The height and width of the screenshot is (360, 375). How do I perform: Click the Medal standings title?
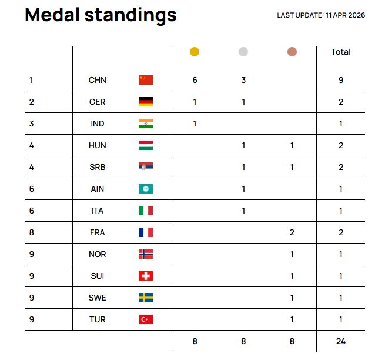pyautogui.click(x=101, y=15)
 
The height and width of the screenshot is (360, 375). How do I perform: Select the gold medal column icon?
pyautogui.click(x=195, y=52)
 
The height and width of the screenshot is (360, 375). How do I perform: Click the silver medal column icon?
pyautogui.click(x=243, y=52)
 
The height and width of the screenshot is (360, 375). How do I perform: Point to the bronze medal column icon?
pyautogui.click(x=292, y=52)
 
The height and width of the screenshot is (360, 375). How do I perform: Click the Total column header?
pyautogui.click(x=341, y=52)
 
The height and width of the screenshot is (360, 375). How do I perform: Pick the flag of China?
pyautogui.click(x=146, y=80)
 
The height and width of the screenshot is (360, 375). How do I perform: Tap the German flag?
pyautogui.click(x=146, y=102)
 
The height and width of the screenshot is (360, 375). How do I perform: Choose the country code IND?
pyautogui.click(x=97, y=124)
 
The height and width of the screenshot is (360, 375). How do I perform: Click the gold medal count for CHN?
pyautogui.click(x=195, y=80)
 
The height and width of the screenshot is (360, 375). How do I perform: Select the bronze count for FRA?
pyautogui.click(x=292, y=232)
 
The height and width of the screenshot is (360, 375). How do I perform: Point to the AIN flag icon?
pyautogui.click(x=146, y=189)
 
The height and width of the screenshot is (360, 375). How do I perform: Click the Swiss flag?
pyautogui.click(x=146, y=276)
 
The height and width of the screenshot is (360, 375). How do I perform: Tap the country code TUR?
pyautogui.click(x=97, y=319)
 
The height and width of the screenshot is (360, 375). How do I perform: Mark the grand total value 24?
pyautogui.click(x=341, y=341)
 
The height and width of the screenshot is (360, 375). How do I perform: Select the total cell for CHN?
pyautogui.click(x=341, y=80)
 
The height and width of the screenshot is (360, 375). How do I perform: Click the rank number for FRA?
pyautogui.click(x=32, y=232)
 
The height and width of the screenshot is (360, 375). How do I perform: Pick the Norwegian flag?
pyautogui.click(x=146, y=254)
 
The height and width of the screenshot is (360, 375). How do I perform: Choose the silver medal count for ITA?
pyautogui.click(x=243, y=211)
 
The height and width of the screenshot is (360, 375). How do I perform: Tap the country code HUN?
pyautogui.click(x=97, y=145)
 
